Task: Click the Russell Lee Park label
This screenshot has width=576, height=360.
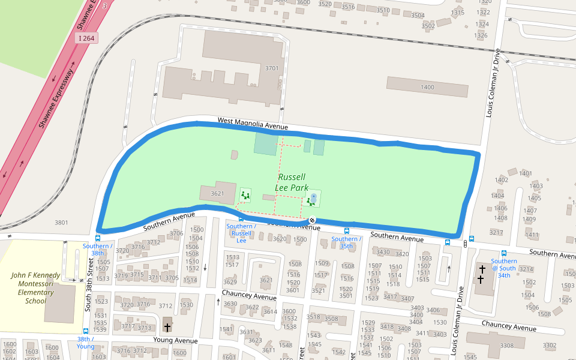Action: (x=292, y=182)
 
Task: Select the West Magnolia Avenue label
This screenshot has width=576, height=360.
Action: (x=253, y=123)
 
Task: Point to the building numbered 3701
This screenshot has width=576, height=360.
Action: (x=272, y=68)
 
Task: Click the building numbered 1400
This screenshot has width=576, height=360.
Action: (x=427, y=88)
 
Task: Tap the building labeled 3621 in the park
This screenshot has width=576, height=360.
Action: (x=217, y=193)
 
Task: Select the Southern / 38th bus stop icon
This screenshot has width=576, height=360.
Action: (x=97, y=238)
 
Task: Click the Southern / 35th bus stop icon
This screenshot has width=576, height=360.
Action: (x=346, y=231)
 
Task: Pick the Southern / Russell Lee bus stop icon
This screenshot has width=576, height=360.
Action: (x=241, y=218)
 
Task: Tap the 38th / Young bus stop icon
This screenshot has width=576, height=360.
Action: (x=86, y=331)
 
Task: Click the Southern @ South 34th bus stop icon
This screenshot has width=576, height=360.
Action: (x=503, y=253)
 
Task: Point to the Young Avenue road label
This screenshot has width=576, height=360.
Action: (x=175, y=340)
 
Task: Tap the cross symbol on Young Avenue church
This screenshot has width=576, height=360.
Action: (x=167, y=327)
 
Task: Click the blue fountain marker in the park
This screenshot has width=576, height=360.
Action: (x=313, y=196)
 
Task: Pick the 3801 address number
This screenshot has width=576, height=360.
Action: (x=61, y=223)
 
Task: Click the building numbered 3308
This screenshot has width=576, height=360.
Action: (x=506, y=345)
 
